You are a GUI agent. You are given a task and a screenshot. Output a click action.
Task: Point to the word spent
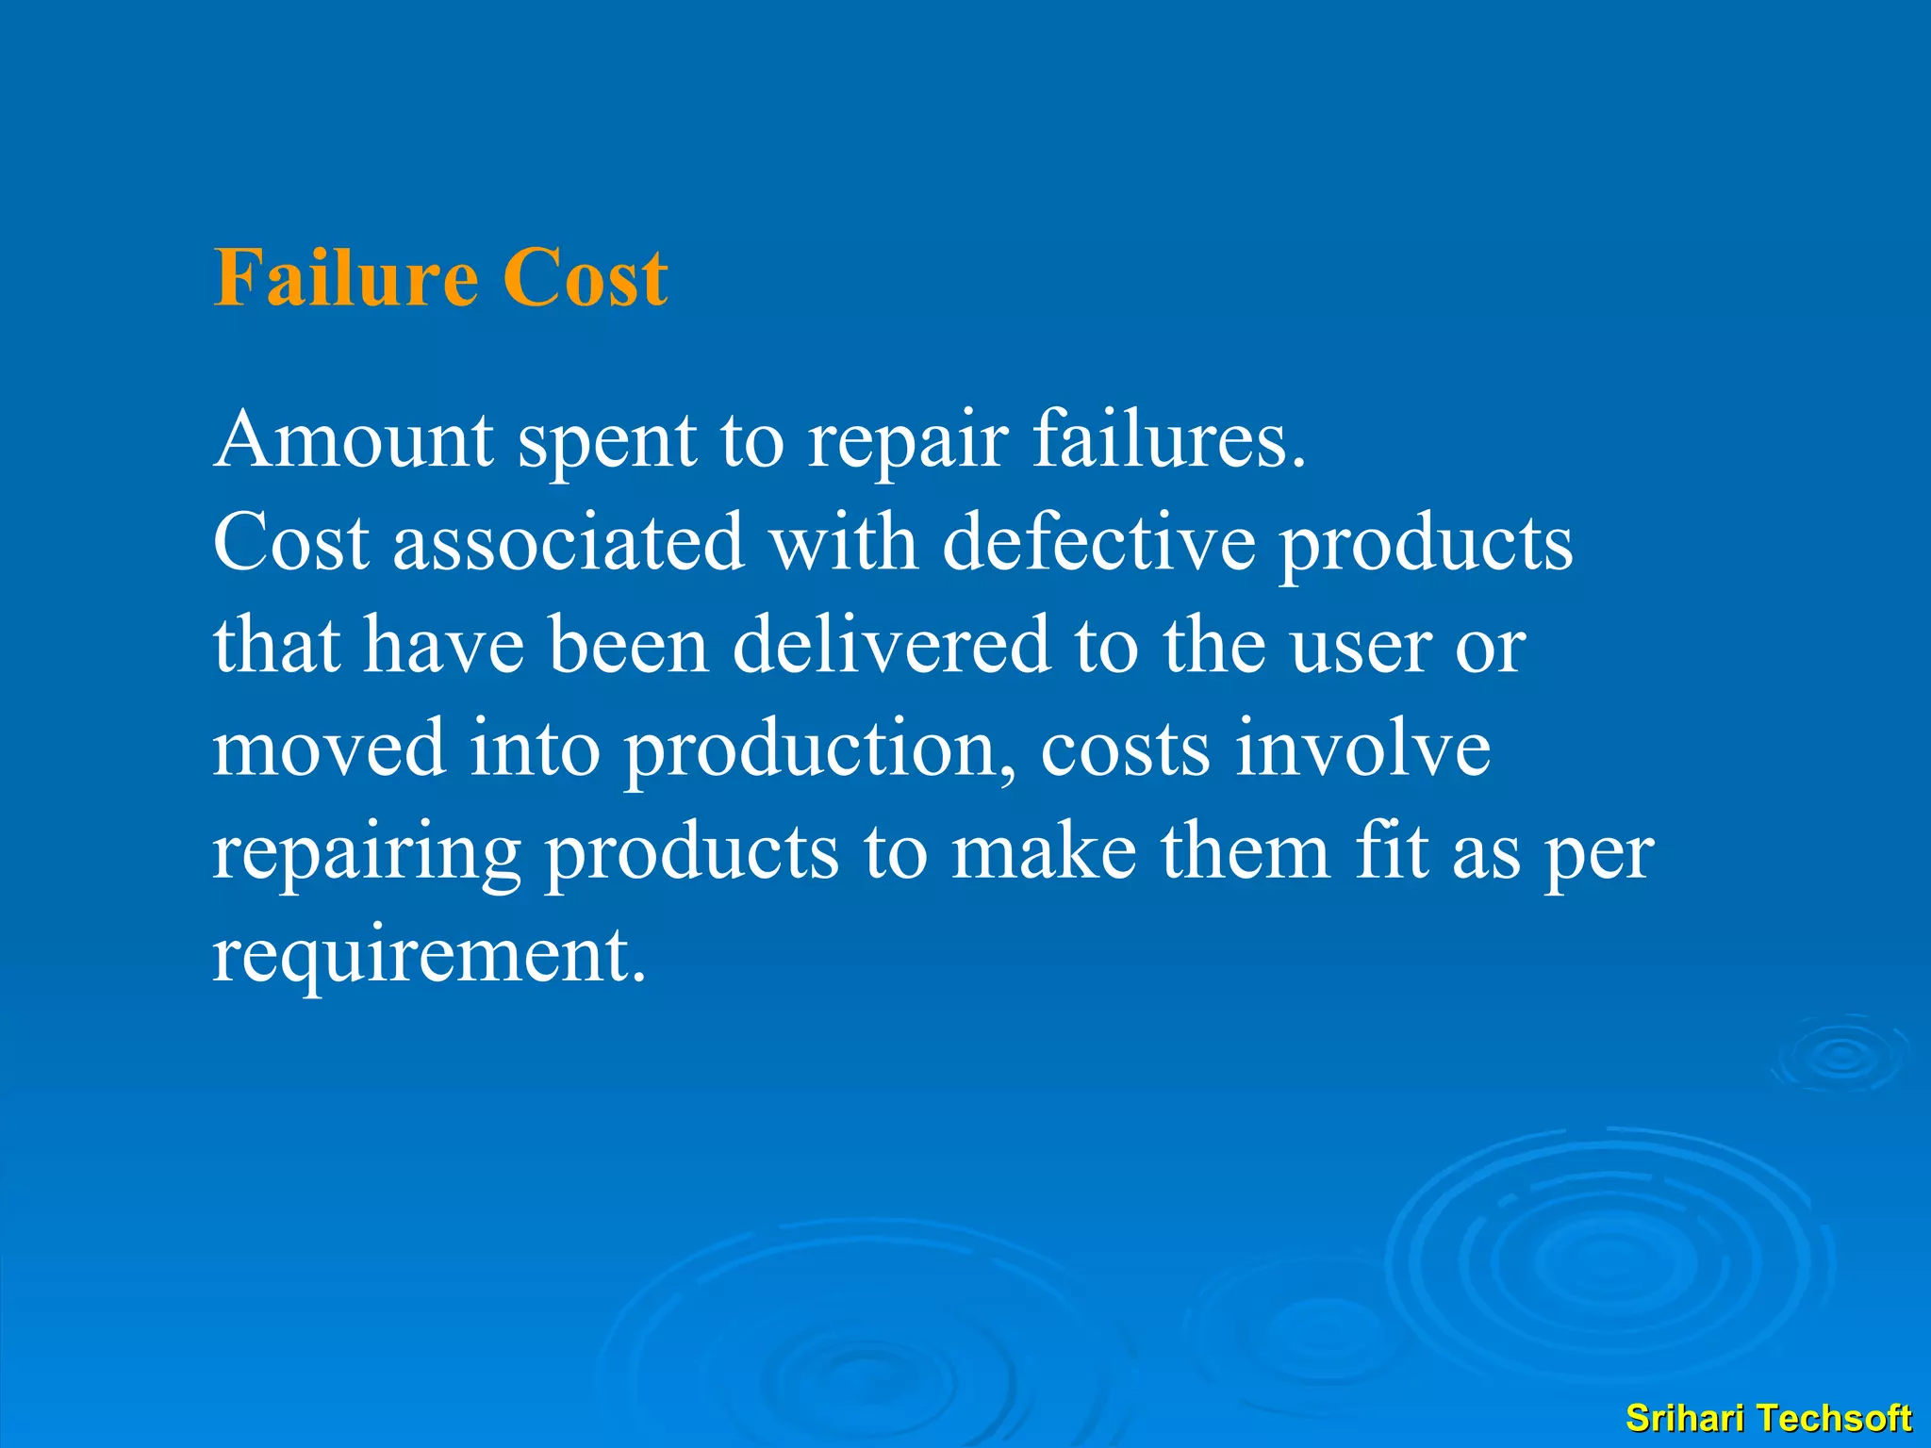(x=607, y=441)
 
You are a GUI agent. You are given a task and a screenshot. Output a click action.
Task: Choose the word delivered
(x=891, y=645)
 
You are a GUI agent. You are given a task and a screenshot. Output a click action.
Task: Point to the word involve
(x=1362, y=748)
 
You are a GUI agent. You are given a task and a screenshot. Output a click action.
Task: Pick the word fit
(x=1391, y=851)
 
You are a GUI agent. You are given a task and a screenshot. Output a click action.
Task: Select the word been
(x=628, y=645)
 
